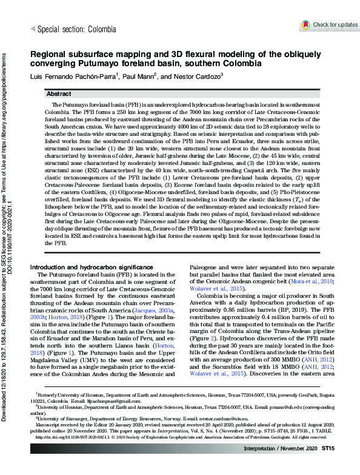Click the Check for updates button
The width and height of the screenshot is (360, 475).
point(330,24)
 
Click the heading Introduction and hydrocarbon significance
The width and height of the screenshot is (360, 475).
point(90,268)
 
